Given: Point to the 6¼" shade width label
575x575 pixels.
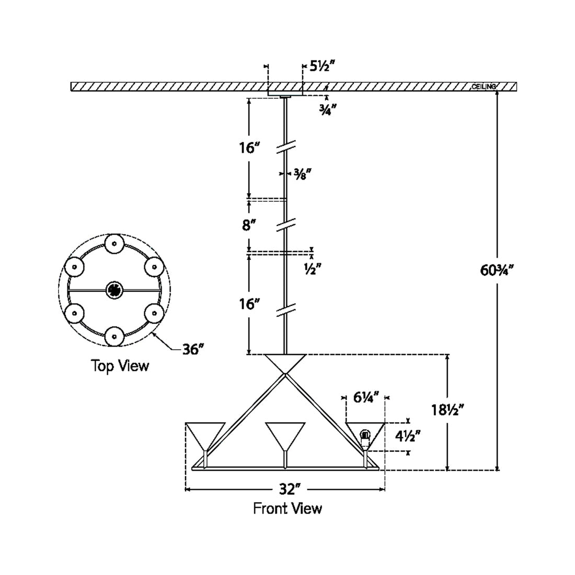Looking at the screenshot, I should [x=365, y=397].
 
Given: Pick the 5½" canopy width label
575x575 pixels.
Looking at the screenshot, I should [x=322, y=66].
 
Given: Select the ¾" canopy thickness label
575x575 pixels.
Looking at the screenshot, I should [x=328, y=109].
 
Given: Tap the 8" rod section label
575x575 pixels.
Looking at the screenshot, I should [x=249, y=225].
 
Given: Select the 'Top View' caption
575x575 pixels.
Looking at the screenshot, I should [x=120, y=365].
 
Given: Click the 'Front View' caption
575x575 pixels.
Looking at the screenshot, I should [x=287, y=508].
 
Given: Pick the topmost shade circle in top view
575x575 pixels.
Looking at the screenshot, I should [x=114, y=244].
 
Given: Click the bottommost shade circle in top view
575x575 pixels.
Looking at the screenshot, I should [x=114, y=336].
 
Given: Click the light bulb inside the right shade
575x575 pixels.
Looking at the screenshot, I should [x=365, y=434].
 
